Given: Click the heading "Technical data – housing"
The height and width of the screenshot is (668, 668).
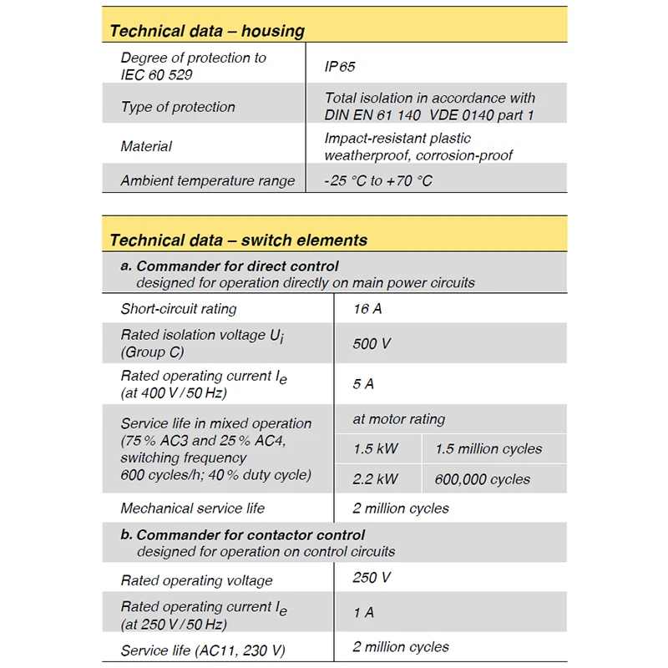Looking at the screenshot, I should pyautogui.click(x=207, y=32).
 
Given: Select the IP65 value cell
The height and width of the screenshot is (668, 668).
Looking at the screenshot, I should pyautogui.click(x=341, y=66).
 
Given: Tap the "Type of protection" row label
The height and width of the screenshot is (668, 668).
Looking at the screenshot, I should pyautogui.click(x=178, y=107).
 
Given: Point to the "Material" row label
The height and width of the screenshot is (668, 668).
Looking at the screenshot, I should pyautogui.click(x=146, y=146).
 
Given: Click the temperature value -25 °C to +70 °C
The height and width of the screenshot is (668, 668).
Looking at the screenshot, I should pyautogui.click(x=378, y=180).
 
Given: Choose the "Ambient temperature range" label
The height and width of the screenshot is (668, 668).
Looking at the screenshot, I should pyautogui.click(x=208, y=180).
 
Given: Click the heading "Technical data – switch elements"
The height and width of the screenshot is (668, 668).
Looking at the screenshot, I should pyautogui.click(x=238, y=240).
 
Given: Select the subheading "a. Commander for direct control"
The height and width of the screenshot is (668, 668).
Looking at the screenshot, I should pyautogui.click(x=230, y=266).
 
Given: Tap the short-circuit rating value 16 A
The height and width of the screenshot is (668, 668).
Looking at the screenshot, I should pyautogui.click(x=367, y=309).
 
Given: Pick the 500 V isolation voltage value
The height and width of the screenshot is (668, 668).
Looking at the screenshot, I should pyautogui.click(x=372, y=343).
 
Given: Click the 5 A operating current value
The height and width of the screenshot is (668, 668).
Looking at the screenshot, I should pyautogui.click(x=363, y=384).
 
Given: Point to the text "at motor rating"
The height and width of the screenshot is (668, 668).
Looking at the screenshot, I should pyautogui.click(x=399, y=419).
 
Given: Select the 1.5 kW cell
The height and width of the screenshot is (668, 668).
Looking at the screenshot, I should pyautogui.click(x=376, y=449).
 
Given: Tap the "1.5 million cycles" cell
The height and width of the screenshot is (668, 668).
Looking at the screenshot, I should pyautogui.click(x=488, y=449).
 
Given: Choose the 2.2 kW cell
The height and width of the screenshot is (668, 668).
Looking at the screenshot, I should pyautogui.click(x=376, y=479).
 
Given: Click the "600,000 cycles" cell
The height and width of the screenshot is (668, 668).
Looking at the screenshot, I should pyautogui.click(x=483, y=479).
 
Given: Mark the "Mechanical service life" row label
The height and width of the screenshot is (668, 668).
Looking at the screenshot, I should pyautogui.click(x=193, y=508).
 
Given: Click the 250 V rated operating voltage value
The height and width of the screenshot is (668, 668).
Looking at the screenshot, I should pyautogui.click(x=372, y=577).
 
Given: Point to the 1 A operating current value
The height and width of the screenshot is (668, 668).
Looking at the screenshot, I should pyautogui.click(x=363, y=613).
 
